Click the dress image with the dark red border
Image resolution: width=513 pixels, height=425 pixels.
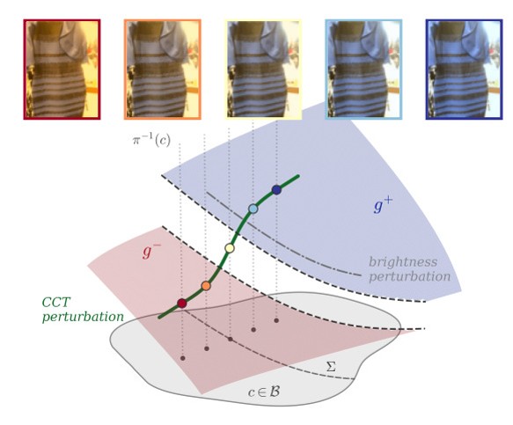62,70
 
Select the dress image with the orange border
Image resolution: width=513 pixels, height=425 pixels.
163,70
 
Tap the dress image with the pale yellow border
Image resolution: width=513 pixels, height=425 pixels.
263,70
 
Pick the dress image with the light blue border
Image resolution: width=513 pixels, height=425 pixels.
363,70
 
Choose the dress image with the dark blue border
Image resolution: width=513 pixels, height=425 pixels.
465,70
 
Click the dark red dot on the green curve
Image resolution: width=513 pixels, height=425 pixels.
182,304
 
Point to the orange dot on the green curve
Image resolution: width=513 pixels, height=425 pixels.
206,286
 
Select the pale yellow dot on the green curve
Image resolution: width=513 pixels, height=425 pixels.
230,248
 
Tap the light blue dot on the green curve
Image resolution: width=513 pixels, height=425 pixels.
253,209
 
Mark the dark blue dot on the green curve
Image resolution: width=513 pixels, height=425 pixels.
277,190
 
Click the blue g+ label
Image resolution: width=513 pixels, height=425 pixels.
383,206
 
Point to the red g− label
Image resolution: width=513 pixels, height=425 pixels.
151,252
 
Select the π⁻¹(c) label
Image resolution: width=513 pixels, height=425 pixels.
151,140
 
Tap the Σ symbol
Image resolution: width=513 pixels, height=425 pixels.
331,367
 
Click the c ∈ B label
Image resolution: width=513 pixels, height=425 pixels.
264,392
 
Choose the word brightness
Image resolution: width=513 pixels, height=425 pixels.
403,261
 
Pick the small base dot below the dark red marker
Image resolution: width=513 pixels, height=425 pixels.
183,358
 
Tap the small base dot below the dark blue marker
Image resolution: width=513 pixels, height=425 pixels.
276,320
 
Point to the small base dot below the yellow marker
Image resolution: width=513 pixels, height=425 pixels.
231,340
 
